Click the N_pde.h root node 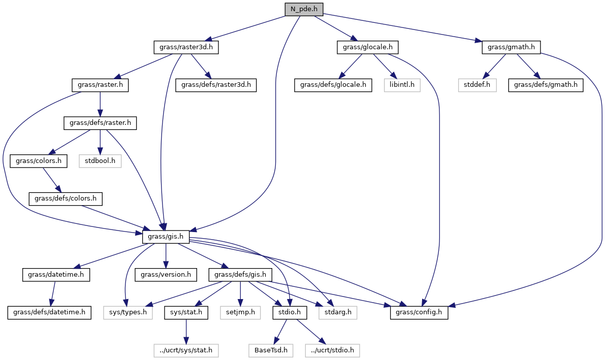(x=303, y=9)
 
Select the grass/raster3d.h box (x=186, y=47)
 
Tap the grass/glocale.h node (x=367, y=47)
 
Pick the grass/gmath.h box (x=511, y=47)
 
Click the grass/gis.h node (x=166, y=237)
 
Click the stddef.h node (x=477, y=85)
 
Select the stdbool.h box (x=100, y=161)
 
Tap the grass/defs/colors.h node (x=66, y=199)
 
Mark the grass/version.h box (x=166, y=275)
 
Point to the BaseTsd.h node (x=268, y=350)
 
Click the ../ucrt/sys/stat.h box (x=186, y=350)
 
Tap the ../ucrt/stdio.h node (x=332, y=350)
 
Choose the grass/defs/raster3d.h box (x=216, y=85)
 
